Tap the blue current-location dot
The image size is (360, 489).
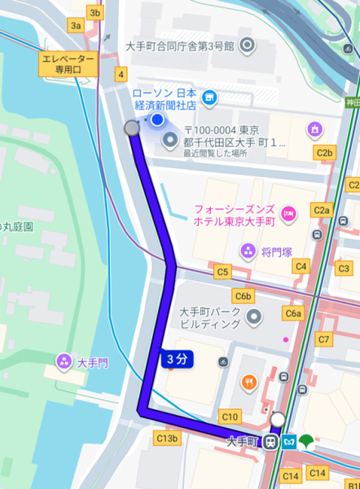click(x=157, y=121)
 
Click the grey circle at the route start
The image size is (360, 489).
click(x=131, y=128)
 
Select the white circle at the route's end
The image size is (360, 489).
click(x=278, y=420)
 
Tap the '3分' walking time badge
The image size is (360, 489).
click(x=176, y=359)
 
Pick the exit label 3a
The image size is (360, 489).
click(x=77, y=26)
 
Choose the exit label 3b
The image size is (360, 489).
click(x=95, y=13)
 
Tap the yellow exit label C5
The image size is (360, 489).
click(x=221, y=271)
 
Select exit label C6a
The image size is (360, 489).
click(x=293, y=314)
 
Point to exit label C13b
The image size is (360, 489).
click(x=166, y=438)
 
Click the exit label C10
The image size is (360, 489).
click(x=230, y=416)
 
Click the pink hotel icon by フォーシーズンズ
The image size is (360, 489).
click(x=289, y=214)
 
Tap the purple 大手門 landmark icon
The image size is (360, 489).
click(x=63, y=360)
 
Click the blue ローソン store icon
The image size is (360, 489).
click(x=209, y=99)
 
